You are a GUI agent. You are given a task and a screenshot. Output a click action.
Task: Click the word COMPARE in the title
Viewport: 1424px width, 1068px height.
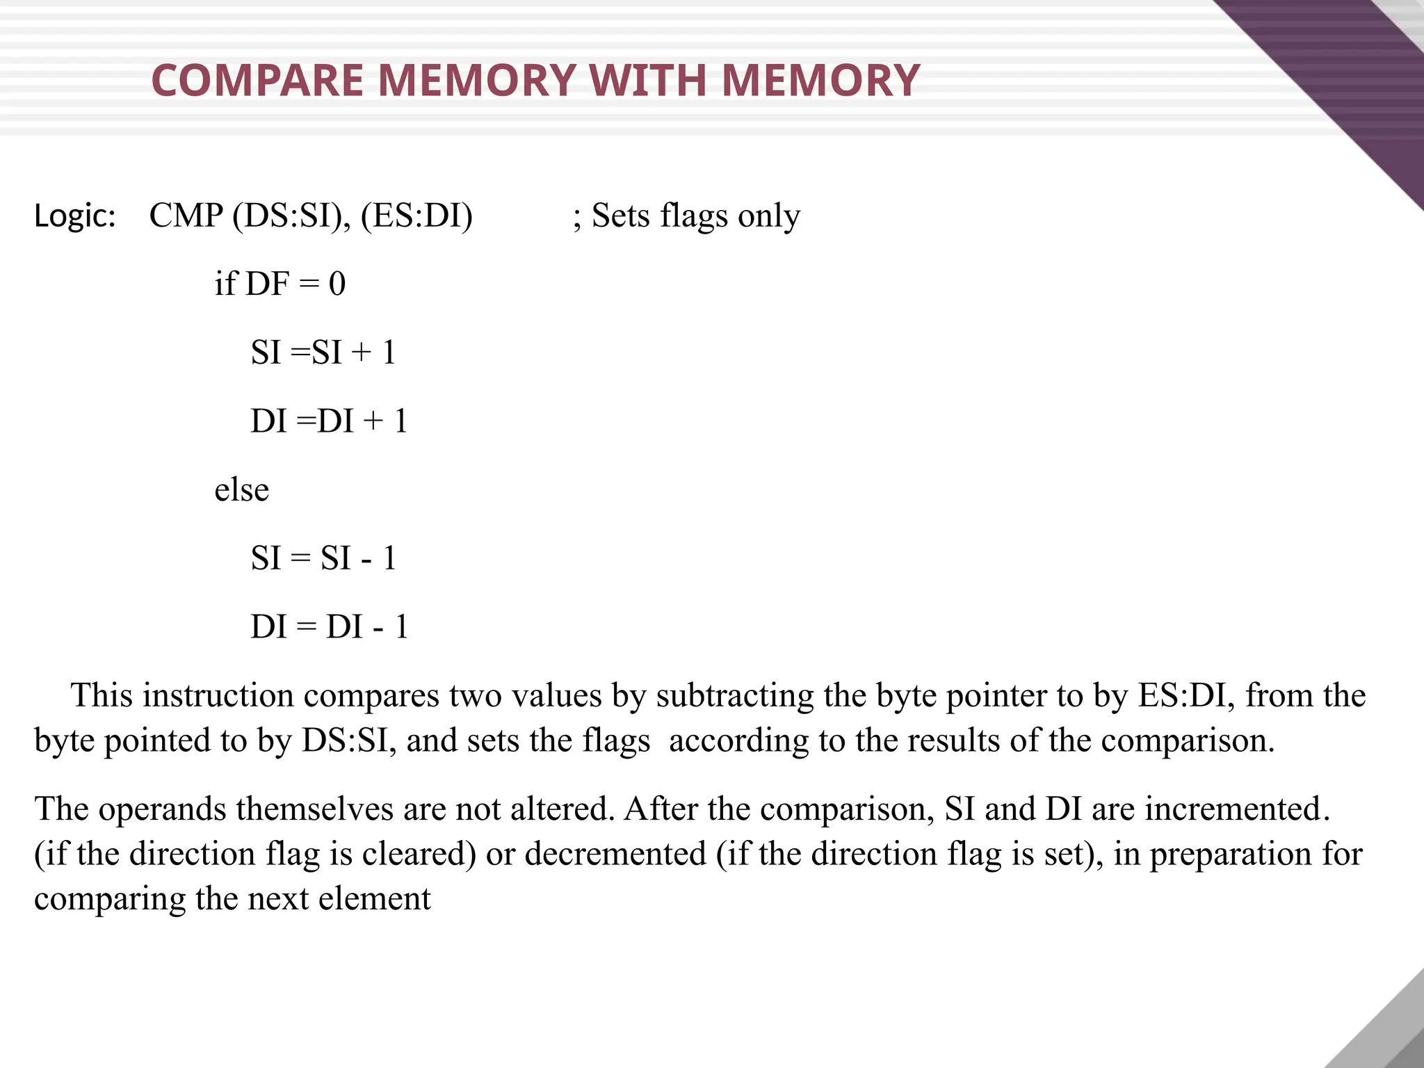[257, 81]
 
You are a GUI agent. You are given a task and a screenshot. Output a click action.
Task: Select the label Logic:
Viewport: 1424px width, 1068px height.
[75, 216]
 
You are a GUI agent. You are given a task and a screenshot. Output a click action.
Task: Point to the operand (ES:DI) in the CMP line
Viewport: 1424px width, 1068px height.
[416, 216]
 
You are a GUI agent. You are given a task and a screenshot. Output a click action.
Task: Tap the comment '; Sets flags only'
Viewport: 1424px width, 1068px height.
[686, 216]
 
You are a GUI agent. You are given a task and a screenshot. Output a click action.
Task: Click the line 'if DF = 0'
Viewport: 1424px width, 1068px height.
[280, 284]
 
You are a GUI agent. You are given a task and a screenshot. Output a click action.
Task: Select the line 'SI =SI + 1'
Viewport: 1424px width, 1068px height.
[323, 353]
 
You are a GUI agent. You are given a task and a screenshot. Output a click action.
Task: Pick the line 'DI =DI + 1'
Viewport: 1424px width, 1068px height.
[329, 421]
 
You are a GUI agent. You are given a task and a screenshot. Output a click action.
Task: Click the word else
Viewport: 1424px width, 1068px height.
[241, 489]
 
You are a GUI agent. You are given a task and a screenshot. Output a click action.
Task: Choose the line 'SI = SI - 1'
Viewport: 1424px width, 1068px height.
[323, 558]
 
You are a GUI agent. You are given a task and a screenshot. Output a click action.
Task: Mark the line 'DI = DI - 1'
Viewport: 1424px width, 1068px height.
[329, 627]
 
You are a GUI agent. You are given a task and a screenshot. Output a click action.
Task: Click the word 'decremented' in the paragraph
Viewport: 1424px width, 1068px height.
[615, 854]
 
